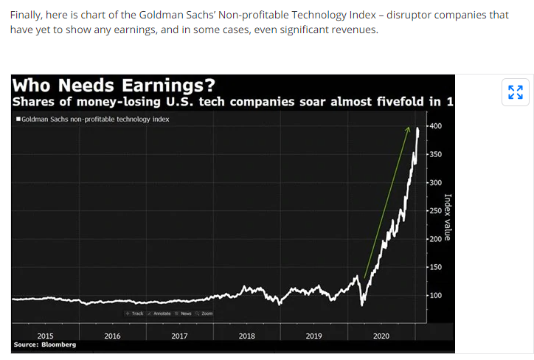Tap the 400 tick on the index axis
(x=436, y=126)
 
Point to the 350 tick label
(x=436, y=154)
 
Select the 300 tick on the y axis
(x=436, y=183)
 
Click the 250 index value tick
(x=436, y=211)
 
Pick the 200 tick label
(x=436, y=239)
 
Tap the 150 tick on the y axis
(x=436, y=267)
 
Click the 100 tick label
(x=436, y=295)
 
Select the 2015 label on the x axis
(x=46, y=336)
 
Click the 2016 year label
(x=113, y=336)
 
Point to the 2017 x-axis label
(x=179, y=336)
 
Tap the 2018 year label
(x=247, y=336)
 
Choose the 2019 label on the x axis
(x=313, y=336)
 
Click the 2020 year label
(x=381, y=336)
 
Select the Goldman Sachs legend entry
(x=91, y=119)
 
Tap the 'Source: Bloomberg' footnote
(x=44, y=345)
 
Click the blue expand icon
(x=516, y=92)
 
